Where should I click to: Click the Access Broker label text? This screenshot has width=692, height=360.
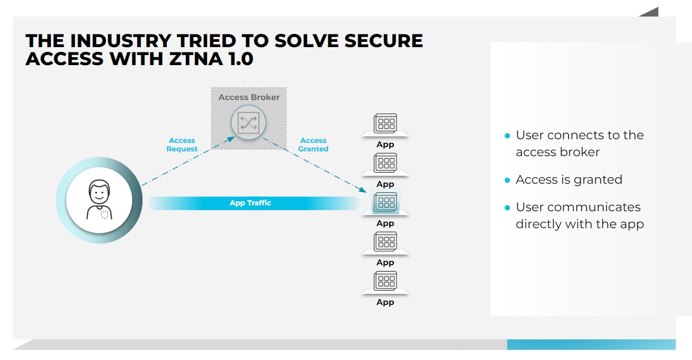click(249, 97)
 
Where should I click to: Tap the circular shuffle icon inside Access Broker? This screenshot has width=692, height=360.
click(248, 123)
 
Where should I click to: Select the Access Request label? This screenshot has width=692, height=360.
click(182, 145)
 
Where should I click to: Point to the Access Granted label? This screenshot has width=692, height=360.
click(313, 145)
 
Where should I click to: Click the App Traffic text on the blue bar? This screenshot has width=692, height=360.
click(250, 203)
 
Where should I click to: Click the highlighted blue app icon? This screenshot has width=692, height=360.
click(385, 202)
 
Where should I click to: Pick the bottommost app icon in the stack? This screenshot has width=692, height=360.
click(385, 281)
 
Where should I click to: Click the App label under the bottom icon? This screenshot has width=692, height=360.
click(385, 302)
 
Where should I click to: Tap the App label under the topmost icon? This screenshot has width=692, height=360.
click(385, 145)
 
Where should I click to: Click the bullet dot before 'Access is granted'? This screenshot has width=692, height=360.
click(507, 181)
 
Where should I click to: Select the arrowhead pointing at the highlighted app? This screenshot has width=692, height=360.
click(364, 190)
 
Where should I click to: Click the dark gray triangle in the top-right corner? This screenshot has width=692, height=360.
click(651, 13)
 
